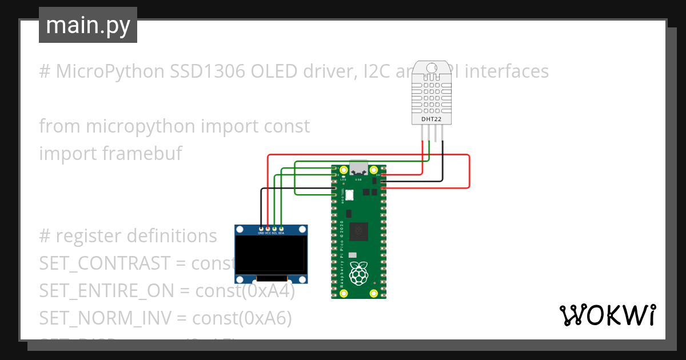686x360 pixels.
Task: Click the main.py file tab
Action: click(87, 25)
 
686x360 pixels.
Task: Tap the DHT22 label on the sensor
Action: click(432, 119)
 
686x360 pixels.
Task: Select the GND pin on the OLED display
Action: click(261, 229)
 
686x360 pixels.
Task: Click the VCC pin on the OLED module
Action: click(268, 229)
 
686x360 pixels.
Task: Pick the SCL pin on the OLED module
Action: click(274, 229)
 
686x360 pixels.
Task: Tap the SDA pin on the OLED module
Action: click(281, 229)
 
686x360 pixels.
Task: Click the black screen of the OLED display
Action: click(271, 255)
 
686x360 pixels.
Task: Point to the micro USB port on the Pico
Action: click(359, 167)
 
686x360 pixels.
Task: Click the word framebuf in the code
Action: click(142, 154)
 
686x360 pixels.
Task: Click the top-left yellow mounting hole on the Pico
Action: click(344, 170)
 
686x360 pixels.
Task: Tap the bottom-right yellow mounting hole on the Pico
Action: click(374, 293)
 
